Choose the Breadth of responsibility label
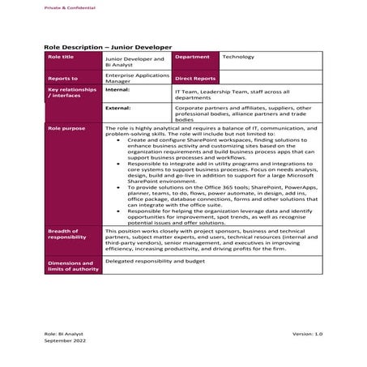[72, 234]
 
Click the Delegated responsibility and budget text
[156, 261]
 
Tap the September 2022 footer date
[64, 342]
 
